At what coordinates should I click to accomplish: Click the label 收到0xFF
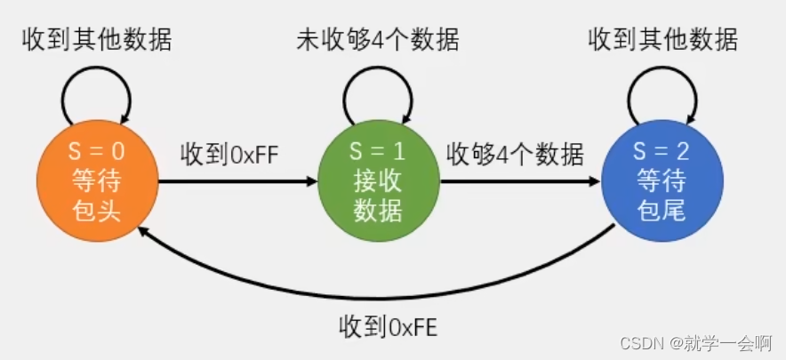tap(230, 153)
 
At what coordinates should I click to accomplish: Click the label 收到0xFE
tap(389, 327)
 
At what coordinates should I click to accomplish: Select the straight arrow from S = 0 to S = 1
tap(236, 181)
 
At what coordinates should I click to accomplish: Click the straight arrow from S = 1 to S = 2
tap(519, 181)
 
